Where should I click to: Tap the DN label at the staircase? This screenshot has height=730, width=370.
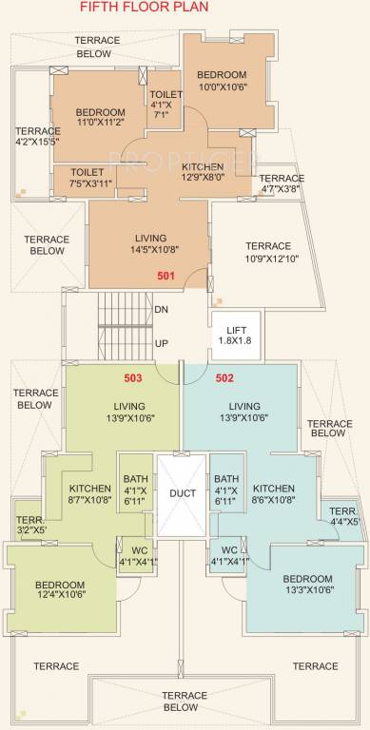pos(161,310)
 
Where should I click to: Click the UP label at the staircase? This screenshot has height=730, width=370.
pos(161,342)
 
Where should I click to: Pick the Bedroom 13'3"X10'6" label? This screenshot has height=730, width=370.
pos(307,585)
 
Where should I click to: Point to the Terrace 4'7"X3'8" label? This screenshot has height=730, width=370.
pos(282,183)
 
